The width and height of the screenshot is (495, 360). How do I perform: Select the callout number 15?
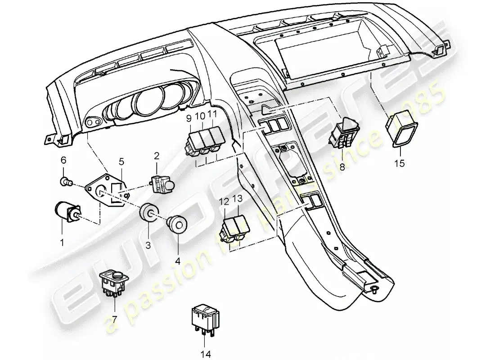399,163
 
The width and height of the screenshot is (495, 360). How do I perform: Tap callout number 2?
157,156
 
